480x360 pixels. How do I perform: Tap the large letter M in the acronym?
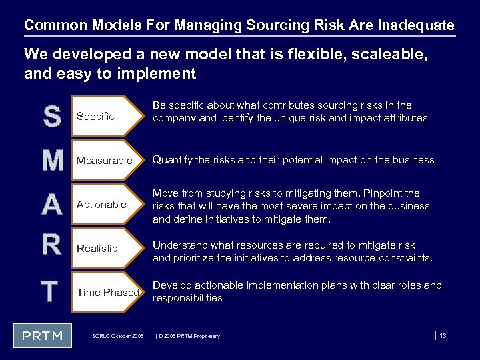tap(51, 160)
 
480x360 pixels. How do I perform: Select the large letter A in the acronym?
tap(51, 204)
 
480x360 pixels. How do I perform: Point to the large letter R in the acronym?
tap(51, 245)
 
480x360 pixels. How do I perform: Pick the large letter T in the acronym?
tap(49, 291)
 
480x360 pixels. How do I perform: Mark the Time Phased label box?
tap(107, 292)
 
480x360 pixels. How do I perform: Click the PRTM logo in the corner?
tap(43, 335)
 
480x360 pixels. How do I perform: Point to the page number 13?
tap(443, 335)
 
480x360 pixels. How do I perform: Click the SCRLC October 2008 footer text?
tap(117, 336)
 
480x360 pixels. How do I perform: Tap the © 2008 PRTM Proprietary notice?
tap(188, 336)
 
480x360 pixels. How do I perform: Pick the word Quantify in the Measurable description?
tap(174, 160)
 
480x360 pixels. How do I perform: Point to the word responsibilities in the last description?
tap(187, 298)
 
